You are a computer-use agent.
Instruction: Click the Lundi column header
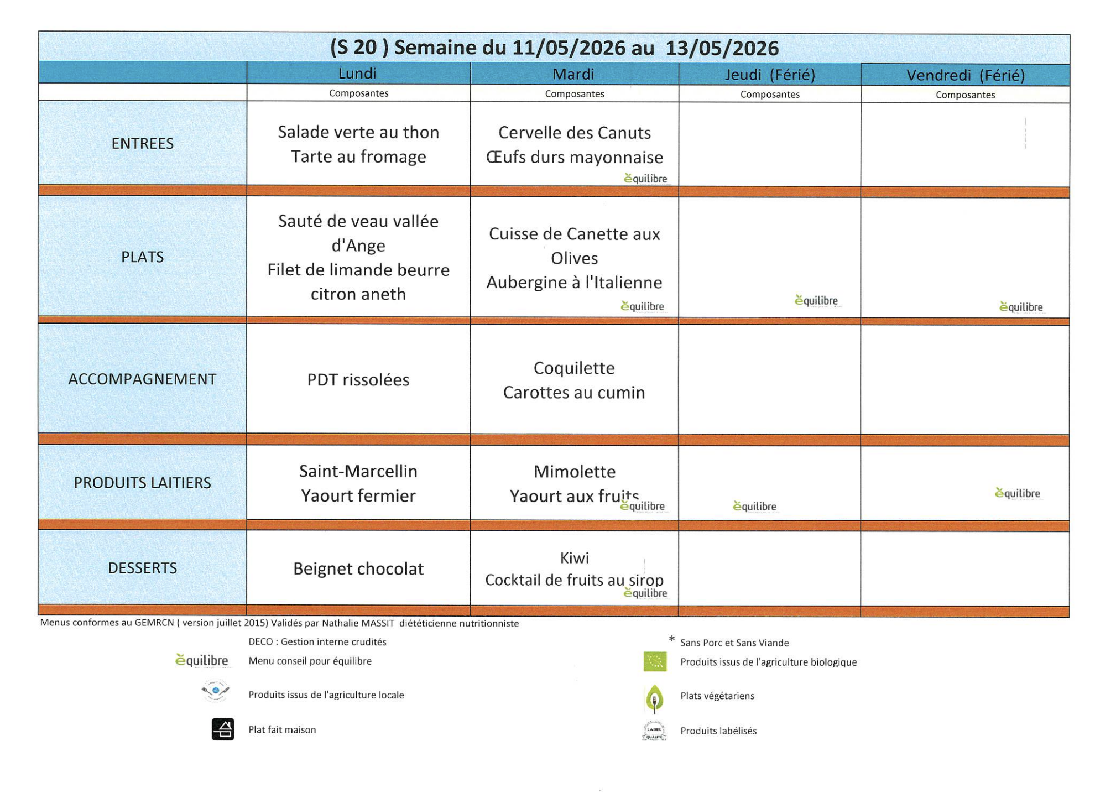(x=357, y=74)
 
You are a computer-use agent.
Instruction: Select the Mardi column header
(x=573, y=74)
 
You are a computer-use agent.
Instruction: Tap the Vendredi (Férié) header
(x=965, y=75)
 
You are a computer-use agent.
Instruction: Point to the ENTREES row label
(x=142, y=144)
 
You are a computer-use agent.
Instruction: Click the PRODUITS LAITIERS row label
(x=142, y=483)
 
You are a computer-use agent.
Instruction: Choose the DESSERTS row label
(x=142, y=568)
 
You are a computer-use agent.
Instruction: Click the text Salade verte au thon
(x=358, y=132)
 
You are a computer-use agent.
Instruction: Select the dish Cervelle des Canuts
(x=574, y=133)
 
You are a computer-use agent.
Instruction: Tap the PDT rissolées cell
(x=358, y=380)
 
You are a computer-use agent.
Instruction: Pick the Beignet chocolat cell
(x=358, y=568)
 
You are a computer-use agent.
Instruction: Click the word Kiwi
(x=574, y=558)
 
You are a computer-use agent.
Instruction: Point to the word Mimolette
(x=574, y=472)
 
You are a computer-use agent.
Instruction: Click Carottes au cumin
(x=574, y=393)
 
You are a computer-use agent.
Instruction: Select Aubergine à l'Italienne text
(x=574, y=283)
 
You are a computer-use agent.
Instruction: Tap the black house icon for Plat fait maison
(x=223, y=729)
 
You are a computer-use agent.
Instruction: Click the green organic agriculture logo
(x=655, y=661)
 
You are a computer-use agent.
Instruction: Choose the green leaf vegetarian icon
(x=654, y=697)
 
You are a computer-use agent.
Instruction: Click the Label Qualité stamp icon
(x=654, y=731)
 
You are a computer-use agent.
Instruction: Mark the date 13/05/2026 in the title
(x=722, y=49)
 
